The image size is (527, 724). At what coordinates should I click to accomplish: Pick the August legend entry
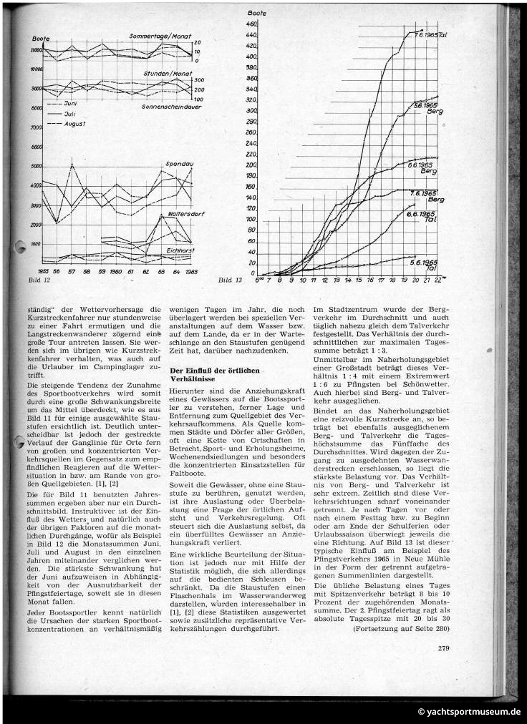point(74,124)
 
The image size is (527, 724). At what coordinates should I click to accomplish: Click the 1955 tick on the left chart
point(42,273)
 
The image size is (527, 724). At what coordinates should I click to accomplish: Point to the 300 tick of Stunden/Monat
point(198,80)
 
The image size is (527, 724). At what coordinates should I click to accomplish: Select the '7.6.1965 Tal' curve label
point(431,34)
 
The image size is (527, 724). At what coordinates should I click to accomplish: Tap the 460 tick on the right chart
point(251,24)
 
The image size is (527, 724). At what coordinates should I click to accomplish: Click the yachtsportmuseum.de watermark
point(469,713)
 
